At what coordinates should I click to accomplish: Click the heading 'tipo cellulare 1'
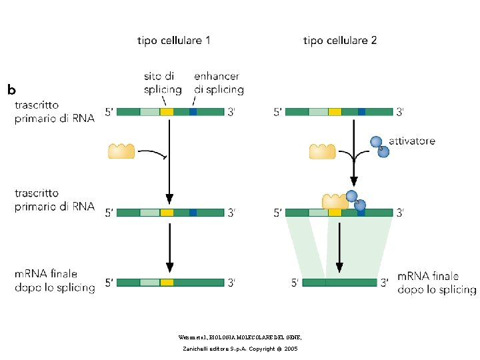point(174,41)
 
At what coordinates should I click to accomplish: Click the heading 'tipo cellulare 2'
point(339,41)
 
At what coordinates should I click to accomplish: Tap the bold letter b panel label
point(12,88)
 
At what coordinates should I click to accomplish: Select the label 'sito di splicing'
point(162,83)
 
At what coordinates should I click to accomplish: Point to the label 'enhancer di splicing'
point(218,83)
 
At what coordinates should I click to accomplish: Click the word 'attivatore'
point(413,141)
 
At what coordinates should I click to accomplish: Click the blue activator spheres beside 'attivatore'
point(379,145)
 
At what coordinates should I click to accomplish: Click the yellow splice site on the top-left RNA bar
point(167,112)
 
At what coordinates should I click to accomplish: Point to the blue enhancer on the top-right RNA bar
point(361,112)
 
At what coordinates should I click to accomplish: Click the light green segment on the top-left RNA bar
point(149,112)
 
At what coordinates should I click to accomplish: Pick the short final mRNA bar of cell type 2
point(339,283)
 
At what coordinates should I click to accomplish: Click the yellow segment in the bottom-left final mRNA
point(167,283)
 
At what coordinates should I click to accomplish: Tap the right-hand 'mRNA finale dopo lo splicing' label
point(437,282)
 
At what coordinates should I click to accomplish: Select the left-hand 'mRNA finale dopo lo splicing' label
point(55,280)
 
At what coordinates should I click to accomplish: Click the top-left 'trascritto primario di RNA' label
point(55,111)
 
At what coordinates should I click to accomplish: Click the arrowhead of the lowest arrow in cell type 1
point(169,269)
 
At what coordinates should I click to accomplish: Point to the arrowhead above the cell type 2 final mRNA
point(340,269)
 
